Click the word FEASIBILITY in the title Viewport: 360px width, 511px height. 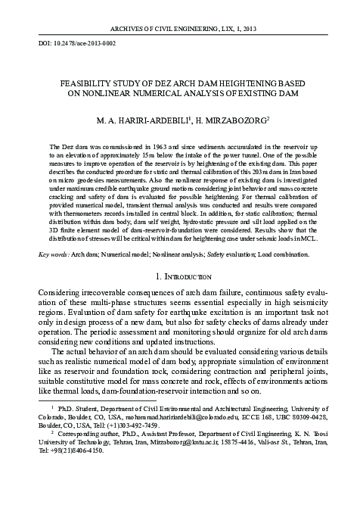point(82,83)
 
